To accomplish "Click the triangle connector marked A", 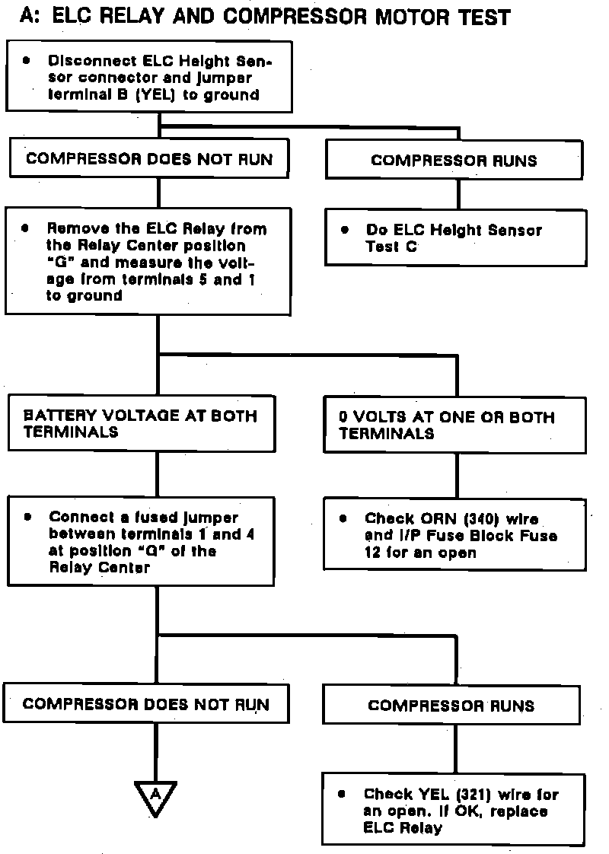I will pos(155,795).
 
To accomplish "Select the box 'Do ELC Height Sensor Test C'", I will pos(456,238).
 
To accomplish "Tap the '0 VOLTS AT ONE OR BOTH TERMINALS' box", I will pos(456,425).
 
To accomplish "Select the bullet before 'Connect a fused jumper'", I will pos(27,517).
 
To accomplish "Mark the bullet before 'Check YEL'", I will pos(343,794).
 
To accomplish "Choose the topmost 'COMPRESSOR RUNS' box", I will pos(454,161).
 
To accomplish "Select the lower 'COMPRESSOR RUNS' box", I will pos(451,706).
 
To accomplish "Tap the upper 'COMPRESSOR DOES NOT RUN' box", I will pos(149,159).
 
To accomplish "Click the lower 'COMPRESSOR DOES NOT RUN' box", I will pos(146,704).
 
